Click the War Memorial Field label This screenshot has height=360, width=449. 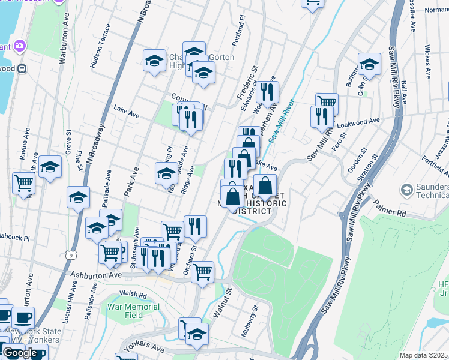tap(125, 311)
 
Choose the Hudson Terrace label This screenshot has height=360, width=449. tap(100, 47)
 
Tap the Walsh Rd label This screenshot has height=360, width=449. tap(133, 294)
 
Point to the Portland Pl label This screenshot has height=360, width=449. tap(239, 36)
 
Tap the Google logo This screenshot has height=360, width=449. tap(20, 353)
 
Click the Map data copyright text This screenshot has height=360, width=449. tap(424, 355)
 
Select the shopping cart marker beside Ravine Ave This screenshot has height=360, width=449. tap(24, 182)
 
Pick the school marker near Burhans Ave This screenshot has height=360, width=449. tap(369, 64)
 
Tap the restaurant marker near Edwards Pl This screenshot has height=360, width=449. tap(267, 92)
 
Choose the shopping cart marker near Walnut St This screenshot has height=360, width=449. tap(202, 271)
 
